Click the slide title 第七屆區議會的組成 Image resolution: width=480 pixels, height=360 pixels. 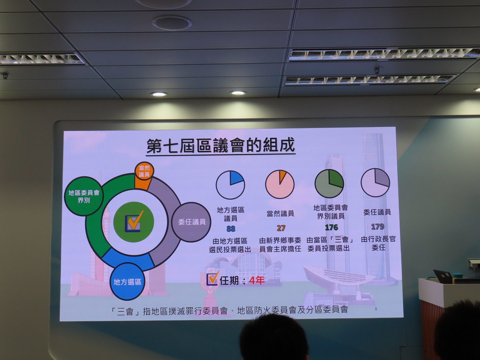(221, 146)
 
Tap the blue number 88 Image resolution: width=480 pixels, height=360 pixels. (231, 229)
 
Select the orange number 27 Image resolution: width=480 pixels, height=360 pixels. (281, 228)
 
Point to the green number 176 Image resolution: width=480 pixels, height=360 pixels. (331, 227)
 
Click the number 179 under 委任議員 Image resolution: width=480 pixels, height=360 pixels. (377, 226)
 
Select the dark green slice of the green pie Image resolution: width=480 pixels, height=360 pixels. (336, 178)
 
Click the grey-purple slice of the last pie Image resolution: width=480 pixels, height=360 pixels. (382, 177)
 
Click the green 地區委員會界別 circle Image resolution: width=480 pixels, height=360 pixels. (84, 196)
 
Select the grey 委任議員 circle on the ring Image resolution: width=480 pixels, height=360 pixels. (191, 222)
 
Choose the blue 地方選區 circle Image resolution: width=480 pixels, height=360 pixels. (127, 282)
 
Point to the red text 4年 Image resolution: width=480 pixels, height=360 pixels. (257, 280)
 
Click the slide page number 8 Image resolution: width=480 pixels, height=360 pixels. (376, 309)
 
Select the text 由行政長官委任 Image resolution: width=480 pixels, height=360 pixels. (378, 243)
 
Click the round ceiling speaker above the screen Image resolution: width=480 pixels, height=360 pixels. (172, 23)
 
